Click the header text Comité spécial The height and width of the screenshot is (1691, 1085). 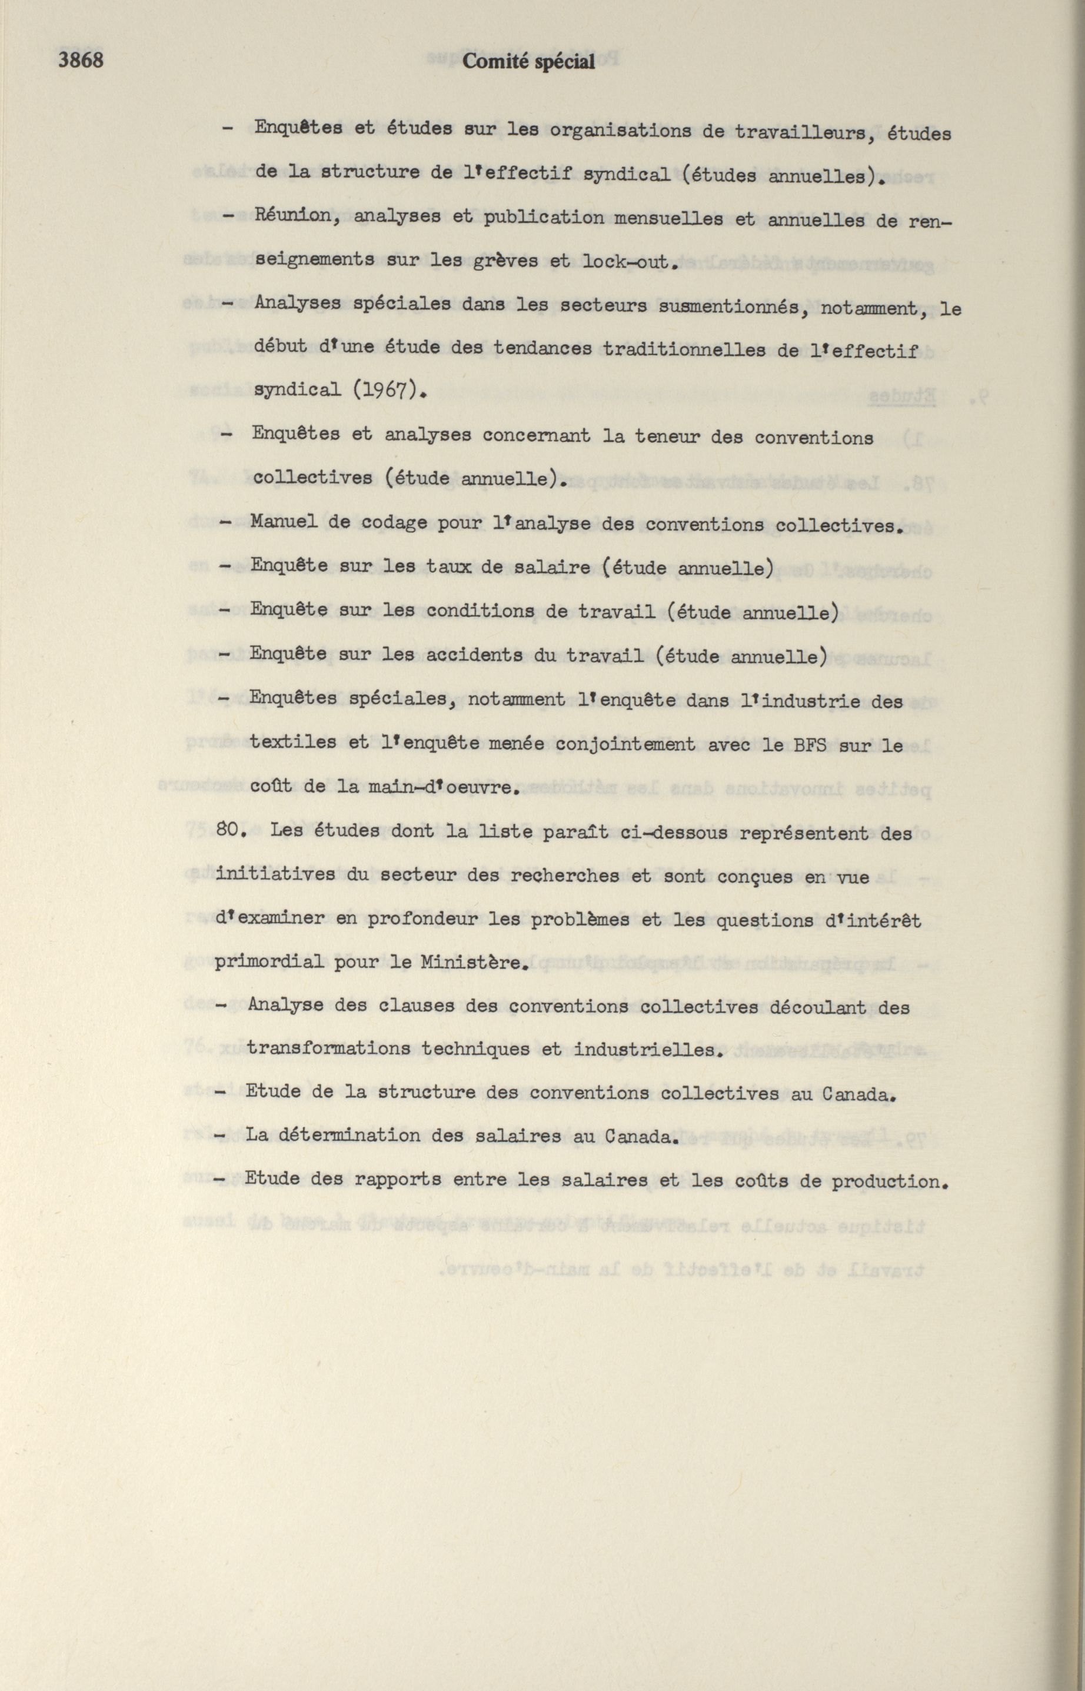click(528, 63)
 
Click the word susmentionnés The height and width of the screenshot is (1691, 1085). click(731, 307)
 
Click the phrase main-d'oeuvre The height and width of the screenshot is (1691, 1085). click(444, 788)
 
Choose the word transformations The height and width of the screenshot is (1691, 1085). click(328, 1049)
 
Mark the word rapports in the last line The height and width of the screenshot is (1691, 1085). click(398, 1181)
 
